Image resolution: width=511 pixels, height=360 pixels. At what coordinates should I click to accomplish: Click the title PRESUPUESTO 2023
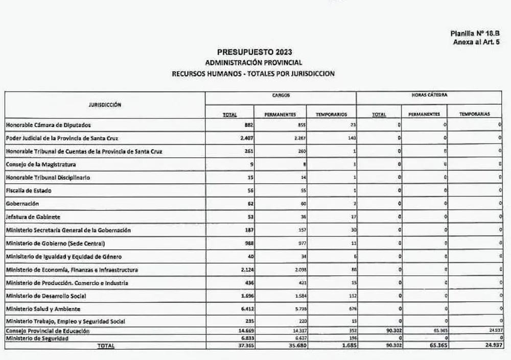tap(254, 52)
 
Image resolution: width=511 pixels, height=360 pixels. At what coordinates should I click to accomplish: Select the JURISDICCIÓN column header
tap(104, 104)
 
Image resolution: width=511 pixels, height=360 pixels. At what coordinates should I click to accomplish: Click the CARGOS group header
tap(281, 95)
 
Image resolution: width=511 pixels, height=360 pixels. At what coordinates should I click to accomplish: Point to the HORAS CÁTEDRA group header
tap(428, 95)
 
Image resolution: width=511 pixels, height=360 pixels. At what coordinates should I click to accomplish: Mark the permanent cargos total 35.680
tap(294, 346)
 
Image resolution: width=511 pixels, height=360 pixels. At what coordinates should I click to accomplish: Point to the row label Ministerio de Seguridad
tap(40, 338)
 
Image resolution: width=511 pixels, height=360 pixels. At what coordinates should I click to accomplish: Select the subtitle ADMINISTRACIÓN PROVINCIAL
tap(254, 63)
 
